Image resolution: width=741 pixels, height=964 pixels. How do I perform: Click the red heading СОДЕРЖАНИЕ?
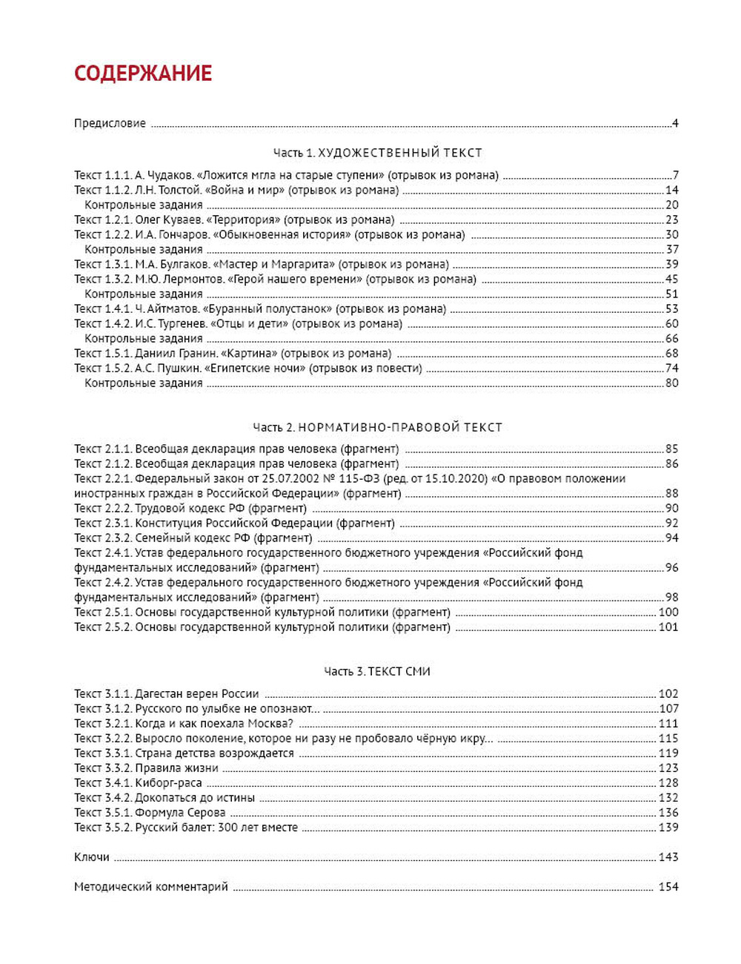pos(143,73)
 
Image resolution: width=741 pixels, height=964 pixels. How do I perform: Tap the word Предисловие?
pos(110,123)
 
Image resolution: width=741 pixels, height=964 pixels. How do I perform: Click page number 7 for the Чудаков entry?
pos(675,176)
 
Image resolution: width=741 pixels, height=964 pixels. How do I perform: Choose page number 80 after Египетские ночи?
pos(671,383)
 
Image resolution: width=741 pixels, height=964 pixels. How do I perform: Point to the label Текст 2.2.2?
pos(103,509)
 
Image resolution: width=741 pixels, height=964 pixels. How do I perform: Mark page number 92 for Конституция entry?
pos(671,524)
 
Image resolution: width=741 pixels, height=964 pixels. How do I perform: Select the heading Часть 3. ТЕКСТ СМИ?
pos(377,672)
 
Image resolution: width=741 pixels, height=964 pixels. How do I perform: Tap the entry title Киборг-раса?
pos(168,783)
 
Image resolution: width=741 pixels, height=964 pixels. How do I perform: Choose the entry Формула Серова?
pos(180,813)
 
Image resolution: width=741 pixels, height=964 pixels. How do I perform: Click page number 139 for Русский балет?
pos(668,828)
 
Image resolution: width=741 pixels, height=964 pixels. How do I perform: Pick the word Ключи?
pos(92,857)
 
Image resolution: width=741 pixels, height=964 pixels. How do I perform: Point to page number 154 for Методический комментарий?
pos(668,887)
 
